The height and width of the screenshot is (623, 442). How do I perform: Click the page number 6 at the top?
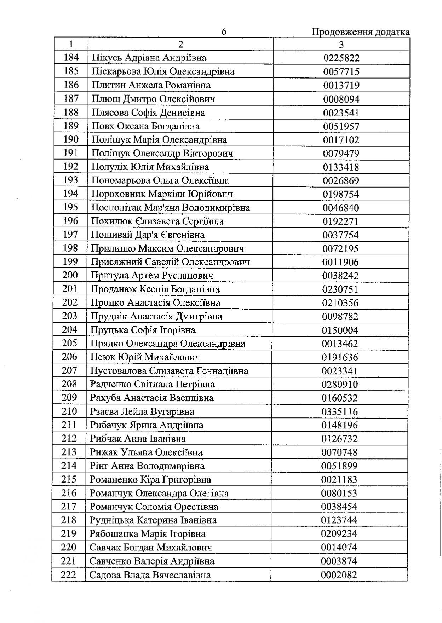(x=224, y=32)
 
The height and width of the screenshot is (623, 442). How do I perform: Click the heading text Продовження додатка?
(x=360, y=32)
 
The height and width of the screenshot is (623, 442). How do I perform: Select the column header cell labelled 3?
(x=341, y=44)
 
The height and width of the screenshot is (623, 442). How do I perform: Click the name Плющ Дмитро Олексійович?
(x=153, y=99)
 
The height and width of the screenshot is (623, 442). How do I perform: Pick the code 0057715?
(x=341, y=72)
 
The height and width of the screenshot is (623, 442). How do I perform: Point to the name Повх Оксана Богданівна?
(x=145, y=126)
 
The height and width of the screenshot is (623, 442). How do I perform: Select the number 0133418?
(x=341, y=167)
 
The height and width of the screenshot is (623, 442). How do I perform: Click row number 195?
(x=70, y=207)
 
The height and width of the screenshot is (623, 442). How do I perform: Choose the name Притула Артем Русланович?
(x=152, y=276)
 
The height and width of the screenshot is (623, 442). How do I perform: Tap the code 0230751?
(x=340, y=289)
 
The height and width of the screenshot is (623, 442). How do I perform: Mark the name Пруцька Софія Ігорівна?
(x=143, y=330)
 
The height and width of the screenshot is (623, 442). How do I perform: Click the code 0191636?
(x=340, y=357)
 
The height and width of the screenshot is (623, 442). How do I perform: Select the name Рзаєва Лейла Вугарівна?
(x=142, y=411)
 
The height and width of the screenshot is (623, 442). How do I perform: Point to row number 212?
(x=69, y=439)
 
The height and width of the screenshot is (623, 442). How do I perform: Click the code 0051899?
(x=339, y=466)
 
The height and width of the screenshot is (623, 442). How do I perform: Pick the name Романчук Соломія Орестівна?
(x=154, y=507)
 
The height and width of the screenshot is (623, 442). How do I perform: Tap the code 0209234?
(x=339, y=534)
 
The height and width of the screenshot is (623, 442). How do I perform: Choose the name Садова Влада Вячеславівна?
(x=150, y=575)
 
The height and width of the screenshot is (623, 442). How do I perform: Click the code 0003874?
(x=339, y=561)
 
